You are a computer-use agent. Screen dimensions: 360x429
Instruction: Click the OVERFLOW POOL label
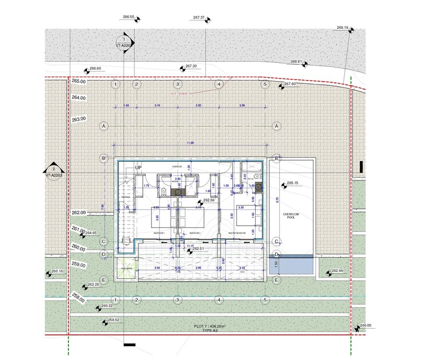(291, 215)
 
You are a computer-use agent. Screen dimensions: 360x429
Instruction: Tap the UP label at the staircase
(138, 167)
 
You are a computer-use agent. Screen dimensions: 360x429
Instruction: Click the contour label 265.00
(79, 82)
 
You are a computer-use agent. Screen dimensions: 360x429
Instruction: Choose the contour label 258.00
(79, 299)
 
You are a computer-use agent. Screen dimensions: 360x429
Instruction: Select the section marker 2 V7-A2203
(53, 172)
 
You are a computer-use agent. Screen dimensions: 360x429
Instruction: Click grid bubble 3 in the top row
(178, 85)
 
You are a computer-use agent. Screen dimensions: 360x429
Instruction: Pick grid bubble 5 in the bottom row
(265, 300)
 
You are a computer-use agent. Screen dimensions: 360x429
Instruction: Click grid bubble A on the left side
(104, 126)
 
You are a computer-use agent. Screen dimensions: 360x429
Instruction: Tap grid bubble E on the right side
(276, 281)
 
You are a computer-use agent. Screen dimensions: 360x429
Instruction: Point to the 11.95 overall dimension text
(190, 143)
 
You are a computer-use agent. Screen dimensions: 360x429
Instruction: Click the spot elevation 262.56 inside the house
(208, 201)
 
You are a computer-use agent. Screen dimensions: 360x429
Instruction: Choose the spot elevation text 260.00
(365, 325)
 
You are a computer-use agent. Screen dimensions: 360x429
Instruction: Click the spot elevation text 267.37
(199, 18)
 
